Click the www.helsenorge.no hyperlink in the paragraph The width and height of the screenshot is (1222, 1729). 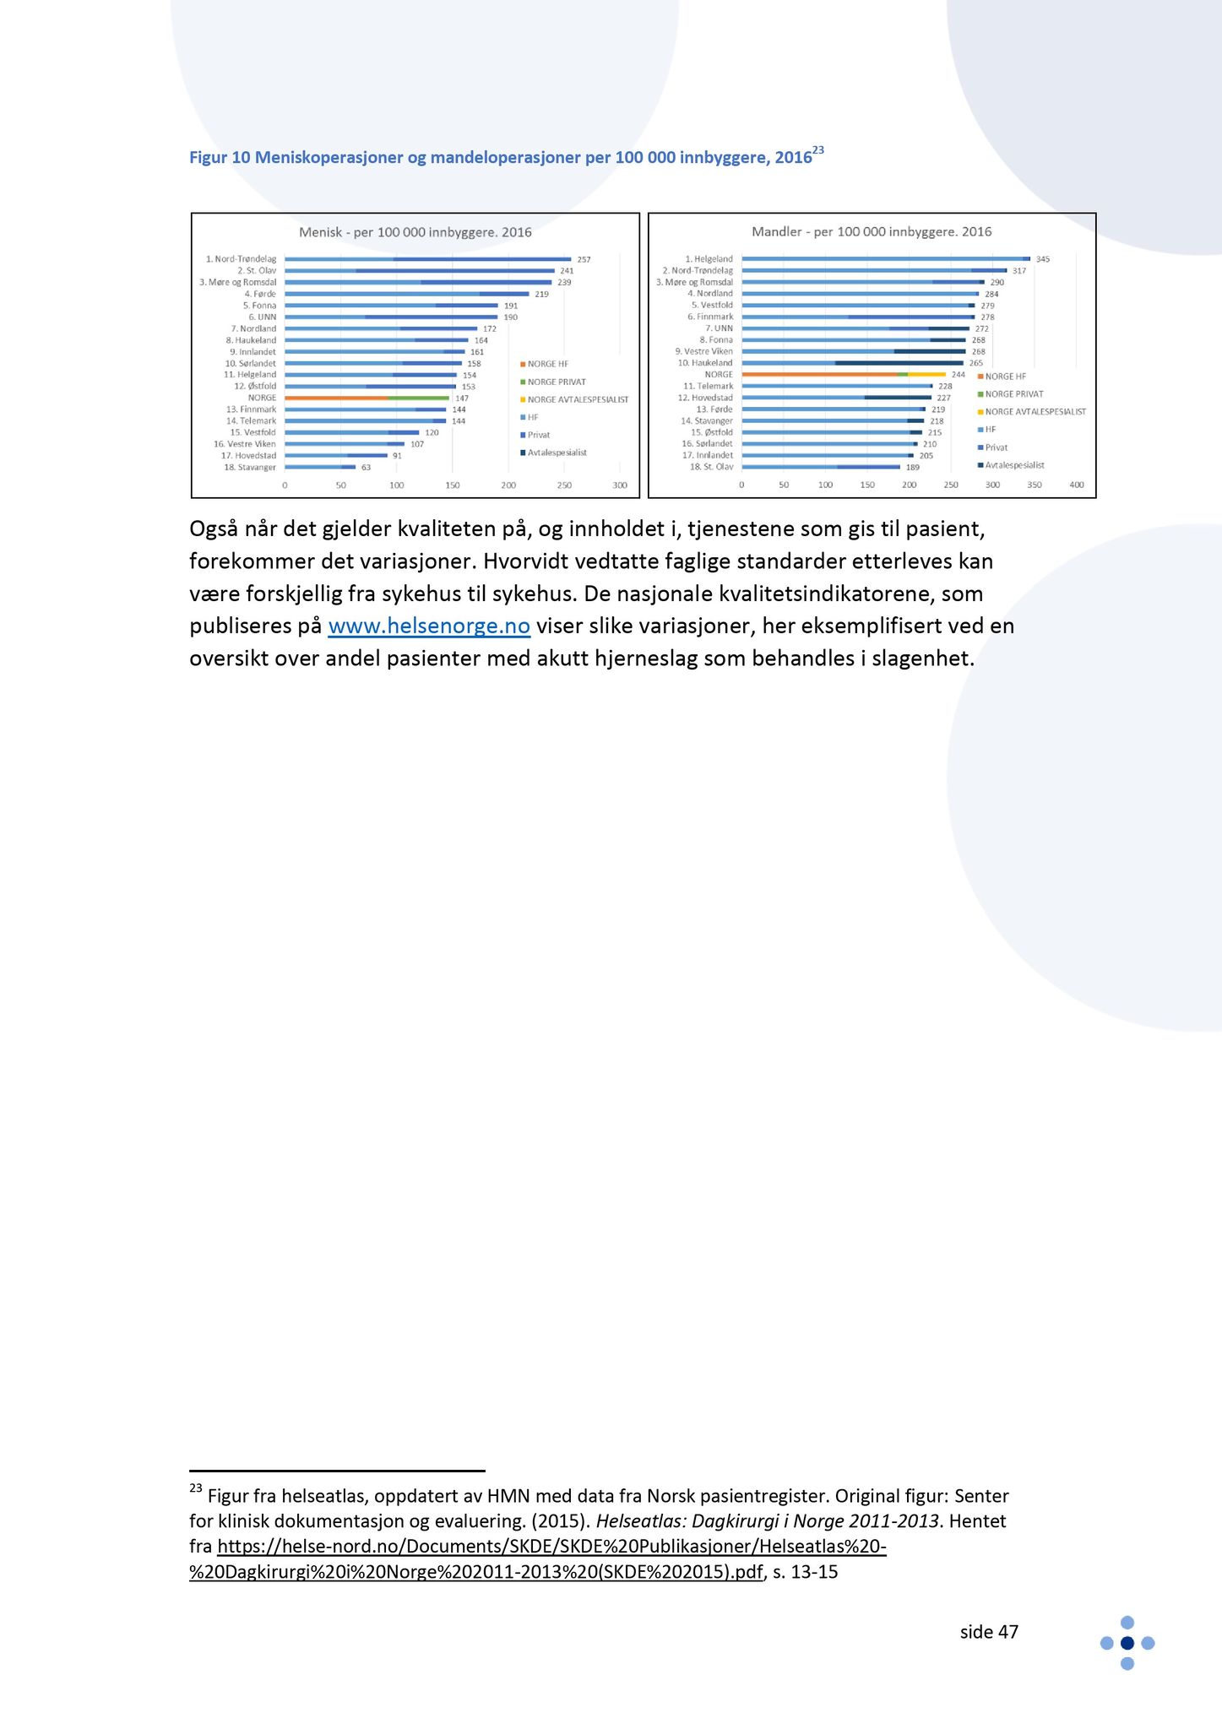pyautogui.click(x=428, y=626)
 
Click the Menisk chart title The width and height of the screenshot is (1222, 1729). pyautogui.click(x=415, y=232)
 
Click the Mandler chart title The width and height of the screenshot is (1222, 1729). pyautogui.click(x=872, y=232)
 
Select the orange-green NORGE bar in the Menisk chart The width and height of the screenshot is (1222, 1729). pyautogui.click(x=367, y=398)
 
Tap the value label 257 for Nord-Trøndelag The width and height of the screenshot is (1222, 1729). pyautogui.click(x=584, y=259)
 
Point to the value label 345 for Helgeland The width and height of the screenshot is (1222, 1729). pyautogui.click(x=1043, y=259)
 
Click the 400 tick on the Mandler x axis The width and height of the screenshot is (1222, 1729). pyautogui.click(x=1077, y=485)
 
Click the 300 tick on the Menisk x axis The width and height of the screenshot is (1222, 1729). pyautogui.click(x=620, y=485)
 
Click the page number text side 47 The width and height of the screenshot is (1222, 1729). pyautogui.click(x=989, y=1632)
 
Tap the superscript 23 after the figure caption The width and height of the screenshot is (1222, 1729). pyautogui.click(x=818, y=150)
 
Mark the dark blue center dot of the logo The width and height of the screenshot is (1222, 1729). pyautogui.click(x=1127, y=1643)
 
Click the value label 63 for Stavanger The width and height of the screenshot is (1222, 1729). pyautogui.click(x=366, y=467)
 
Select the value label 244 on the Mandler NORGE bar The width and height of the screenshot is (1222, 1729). pyautogui.click(x=958, y=374)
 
